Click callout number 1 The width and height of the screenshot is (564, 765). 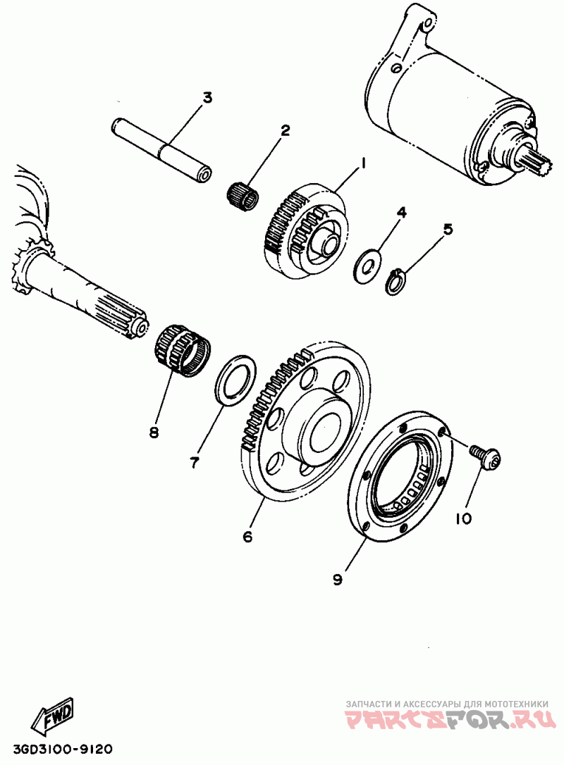(364, 163)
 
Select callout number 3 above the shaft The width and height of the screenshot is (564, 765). (207, 97)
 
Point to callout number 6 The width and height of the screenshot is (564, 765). (247, 536)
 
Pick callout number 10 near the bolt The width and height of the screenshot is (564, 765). (462, 518)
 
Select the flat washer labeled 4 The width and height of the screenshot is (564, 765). (367, 263)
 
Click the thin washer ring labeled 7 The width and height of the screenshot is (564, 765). (233, 381)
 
